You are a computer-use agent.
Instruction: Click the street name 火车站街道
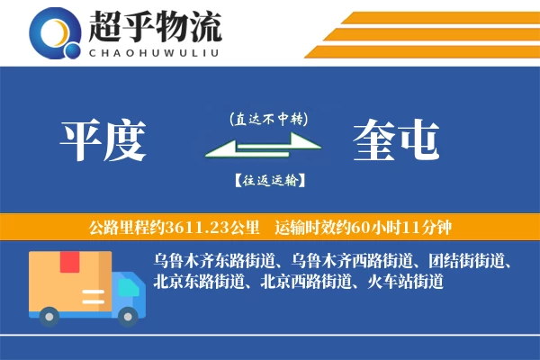click(x=406, y=283)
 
